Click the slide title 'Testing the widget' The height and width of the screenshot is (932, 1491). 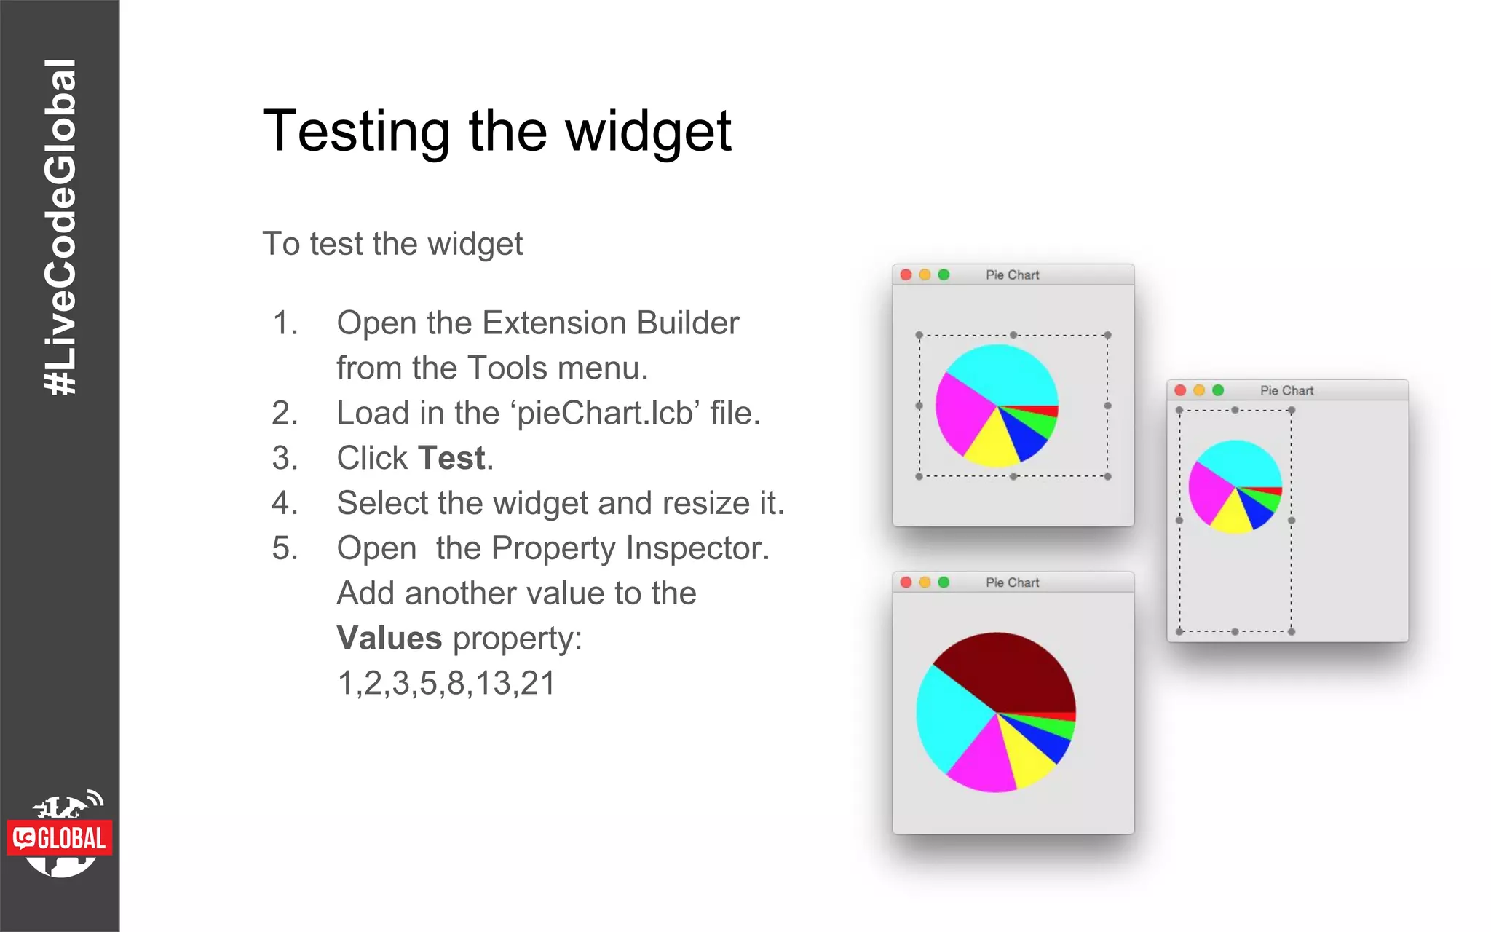pyautogui.click(x=497, y=131)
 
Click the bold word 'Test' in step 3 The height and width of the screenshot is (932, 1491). pyautogui.click(x=451, y=458)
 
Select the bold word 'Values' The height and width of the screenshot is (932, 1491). pyautogui.click(x=389, y=639)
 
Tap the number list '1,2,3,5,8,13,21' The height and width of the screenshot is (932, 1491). pyautogui.click(x=446, y=683)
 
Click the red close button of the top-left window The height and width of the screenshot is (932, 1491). pyautogui.click(x=906, y=275)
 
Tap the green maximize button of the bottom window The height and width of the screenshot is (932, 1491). pyautogui.click(x=944, y=582)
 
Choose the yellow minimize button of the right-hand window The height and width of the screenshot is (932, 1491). pyautogui.click(x=1199, y=390)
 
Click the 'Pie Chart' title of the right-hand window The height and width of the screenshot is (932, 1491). pyautogui.click(x=1286, y=390)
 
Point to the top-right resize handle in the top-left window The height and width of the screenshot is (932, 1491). pyautogui.click(x=1107, y=335)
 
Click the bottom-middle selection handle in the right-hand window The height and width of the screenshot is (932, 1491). pyautogui.click(x=1235, y=631)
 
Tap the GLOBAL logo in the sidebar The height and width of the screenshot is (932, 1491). pyautogui.click(x=60, y=837)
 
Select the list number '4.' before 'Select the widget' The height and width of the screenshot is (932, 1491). pyautogui.click(x=285, y=503)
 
